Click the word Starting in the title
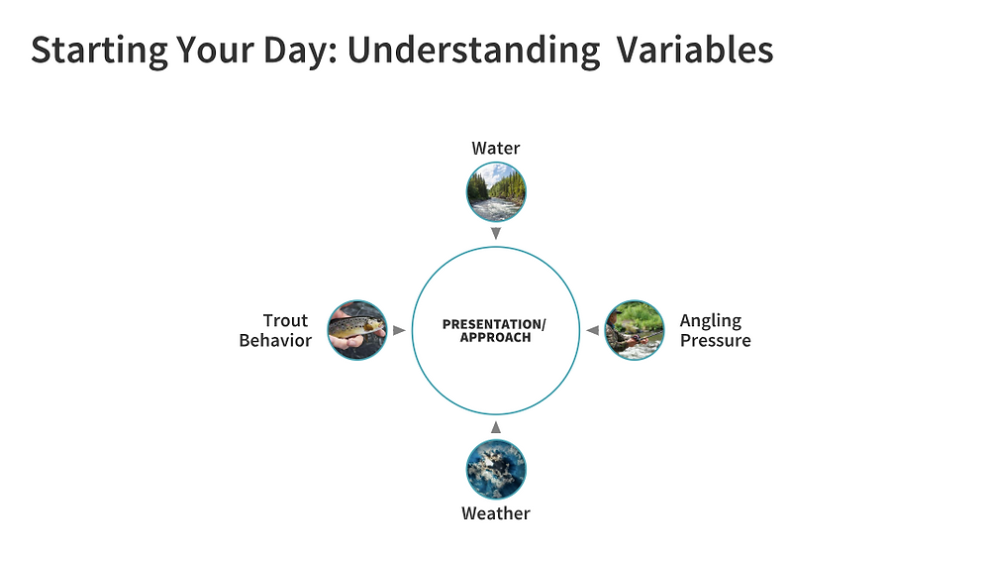(99, 51)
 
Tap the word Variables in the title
(695, 50)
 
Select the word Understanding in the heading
(473, 51)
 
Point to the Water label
(496, 148)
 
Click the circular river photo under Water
(496, 191)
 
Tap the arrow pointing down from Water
(496, 233)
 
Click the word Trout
(285, 320)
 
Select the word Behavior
(275, 340)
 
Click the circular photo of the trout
(357, 330)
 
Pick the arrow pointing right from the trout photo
(399, 330)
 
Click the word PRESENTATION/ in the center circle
(494, 324)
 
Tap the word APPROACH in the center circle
(496, 338)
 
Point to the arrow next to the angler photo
(592, 330)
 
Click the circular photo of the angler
(635, 330)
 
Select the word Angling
(711, 321)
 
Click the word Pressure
(716, 340)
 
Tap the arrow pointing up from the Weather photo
(496, 427)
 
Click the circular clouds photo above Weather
(496, 470)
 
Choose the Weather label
(496, 513)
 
